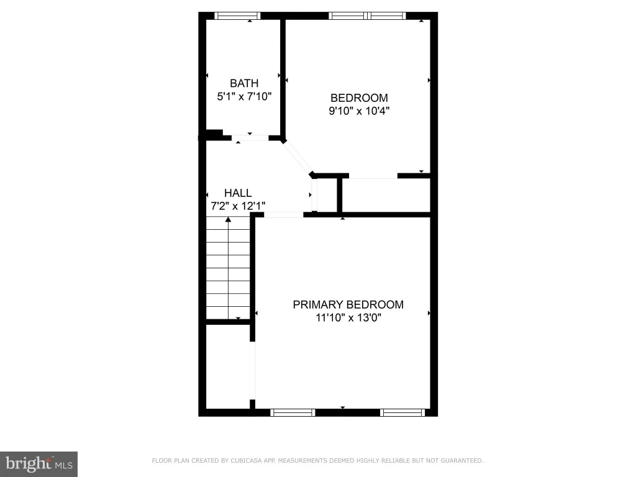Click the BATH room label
coord(244,83)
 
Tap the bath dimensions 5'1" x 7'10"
coord(244,96)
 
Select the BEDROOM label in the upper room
coord(359,98)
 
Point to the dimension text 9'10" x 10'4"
coord(359,111)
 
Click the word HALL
coord(238,193)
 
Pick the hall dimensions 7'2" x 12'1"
coord(238,206)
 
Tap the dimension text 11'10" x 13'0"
coord(348,317)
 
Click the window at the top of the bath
coord(237,16)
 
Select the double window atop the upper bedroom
coord(367,16)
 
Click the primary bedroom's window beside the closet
coord(293,412)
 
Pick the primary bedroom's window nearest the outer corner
coord(402,412)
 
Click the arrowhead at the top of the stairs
coord(229,219)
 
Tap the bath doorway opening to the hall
coord(250,138)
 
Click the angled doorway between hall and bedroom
coord(298,158)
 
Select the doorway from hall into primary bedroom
coord(283,214)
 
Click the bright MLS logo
coord(39,464)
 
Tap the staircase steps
coord(228,268)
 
